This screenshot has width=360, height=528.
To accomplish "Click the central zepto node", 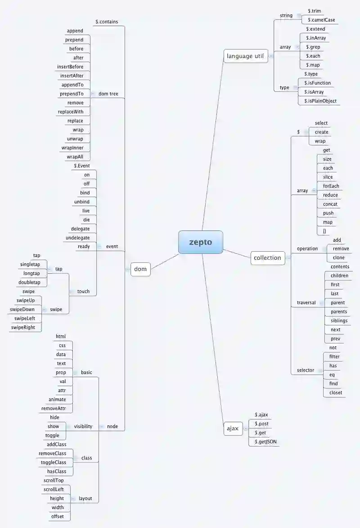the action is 200,242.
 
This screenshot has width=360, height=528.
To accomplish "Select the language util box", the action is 246,56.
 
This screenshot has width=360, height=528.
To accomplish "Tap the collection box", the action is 267,258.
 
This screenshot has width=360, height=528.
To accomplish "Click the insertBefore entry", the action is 70,67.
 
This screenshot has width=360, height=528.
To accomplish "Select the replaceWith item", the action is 71,112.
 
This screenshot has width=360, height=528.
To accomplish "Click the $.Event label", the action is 82,166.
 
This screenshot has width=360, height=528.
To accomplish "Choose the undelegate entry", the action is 77,237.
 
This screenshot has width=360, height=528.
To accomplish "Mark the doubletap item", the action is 29,282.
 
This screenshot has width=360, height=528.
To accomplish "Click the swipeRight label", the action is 22,327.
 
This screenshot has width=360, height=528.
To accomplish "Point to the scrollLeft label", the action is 54,489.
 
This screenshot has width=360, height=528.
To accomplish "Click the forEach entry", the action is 331,186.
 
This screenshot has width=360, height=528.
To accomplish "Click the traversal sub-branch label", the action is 306,302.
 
